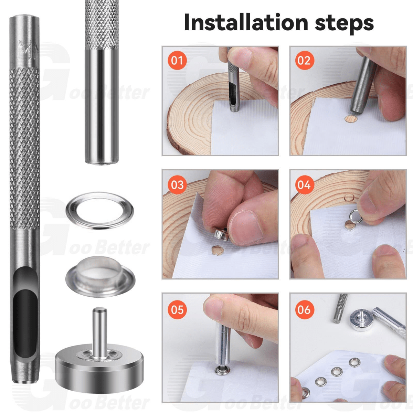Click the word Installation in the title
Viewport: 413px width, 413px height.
pyautogui.click(x=246, y=23)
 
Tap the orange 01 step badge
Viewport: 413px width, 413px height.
pyautogui.click(x=177, y=61)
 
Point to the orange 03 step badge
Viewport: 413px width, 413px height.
pyautogui.click(x=177, y=185)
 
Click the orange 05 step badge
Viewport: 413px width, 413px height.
pyautogui.click(x=177, y=309)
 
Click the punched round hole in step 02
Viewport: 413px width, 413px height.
pyautogui.click(x=350, y=118)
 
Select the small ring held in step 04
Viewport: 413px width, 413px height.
pyautogui.click(x=356, y=216)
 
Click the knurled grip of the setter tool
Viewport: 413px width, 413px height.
pyautogui.click(x=102, y=25)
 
